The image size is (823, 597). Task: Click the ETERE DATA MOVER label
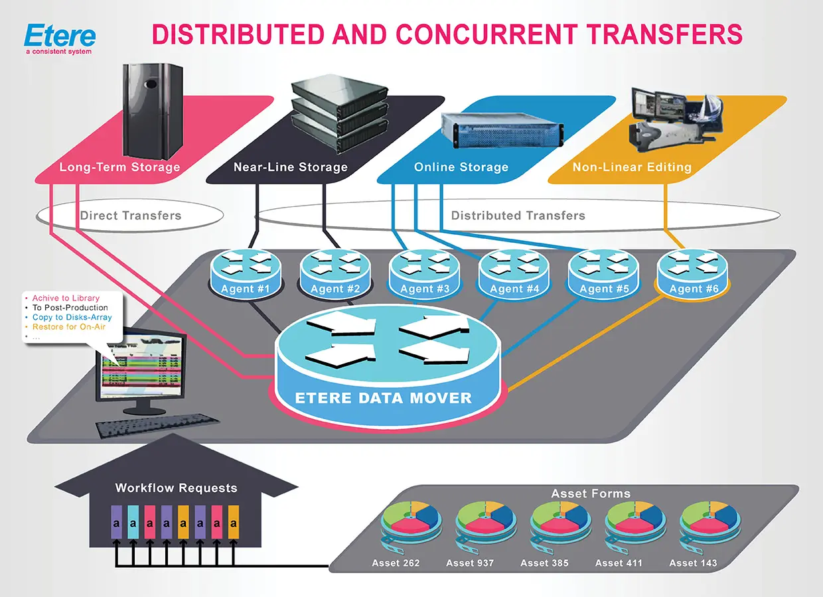(x=384, y=399)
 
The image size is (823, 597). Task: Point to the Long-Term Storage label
(x=119, y=167)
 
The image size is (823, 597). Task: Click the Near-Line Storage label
(x=290, y=167)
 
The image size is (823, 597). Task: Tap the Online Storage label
(x=461, y=167)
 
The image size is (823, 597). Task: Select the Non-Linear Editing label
(x=632, y=167)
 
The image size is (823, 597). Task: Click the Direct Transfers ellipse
(x=130, y=215)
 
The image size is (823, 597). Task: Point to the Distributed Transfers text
(x=518, y=215)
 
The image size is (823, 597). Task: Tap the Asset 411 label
(x=619, y=563)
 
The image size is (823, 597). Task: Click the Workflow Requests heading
(x=176, y=488)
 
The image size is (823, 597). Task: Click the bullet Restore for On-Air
(x=68, y=327)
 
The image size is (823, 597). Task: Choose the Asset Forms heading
(x=591, y=494)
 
